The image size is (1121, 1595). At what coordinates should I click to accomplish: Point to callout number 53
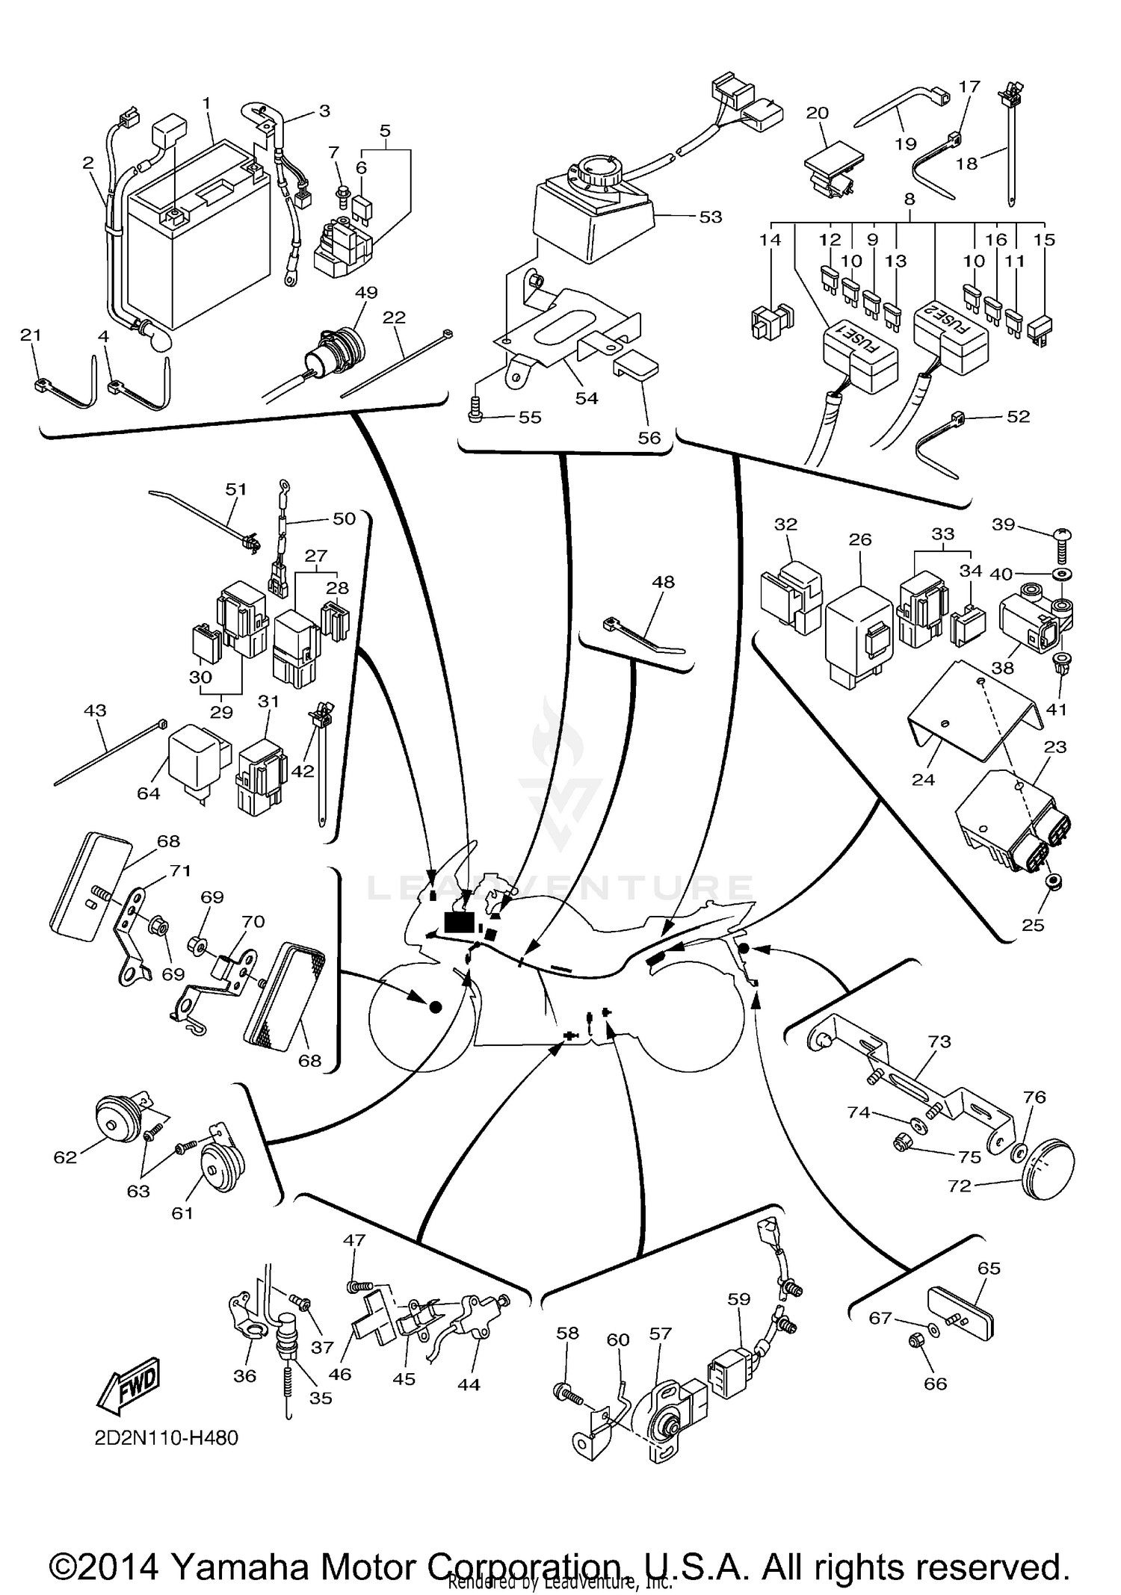pyautogui.click(x=710, y=217)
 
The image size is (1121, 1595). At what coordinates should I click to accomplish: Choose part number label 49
pyautogui.click(x=366, y=292)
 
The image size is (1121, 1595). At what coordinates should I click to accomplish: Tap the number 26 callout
pyautogui.click(x=860, y=539)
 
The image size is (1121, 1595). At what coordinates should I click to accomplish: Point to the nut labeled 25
pyautogui.click(x=1054, y=882)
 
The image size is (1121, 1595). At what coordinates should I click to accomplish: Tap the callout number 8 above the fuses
pyautogui.click(x=909, y=199)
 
